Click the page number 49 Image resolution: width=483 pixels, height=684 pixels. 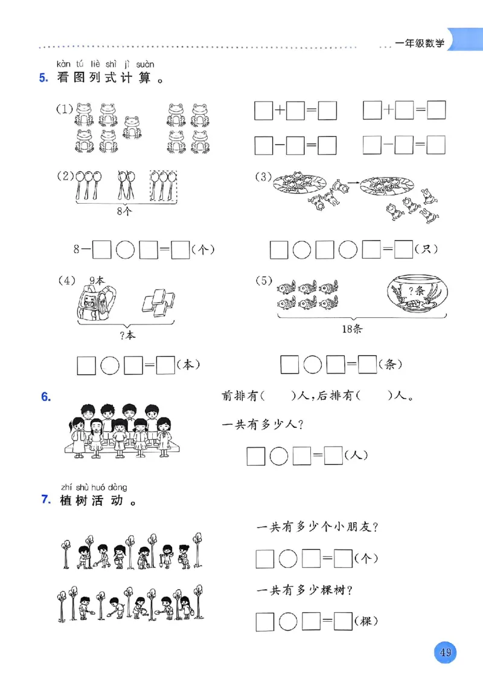tap(446, 653)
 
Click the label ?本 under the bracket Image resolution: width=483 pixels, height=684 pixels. tap(127, 335)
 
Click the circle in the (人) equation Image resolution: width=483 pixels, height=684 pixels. tap(278, 456)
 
